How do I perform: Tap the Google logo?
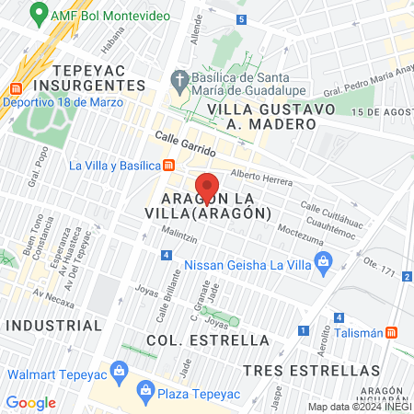coord(30,402)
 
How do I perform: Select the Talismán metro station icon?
coord(392,332)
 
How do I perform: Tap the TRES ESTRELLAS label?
coord(312,370)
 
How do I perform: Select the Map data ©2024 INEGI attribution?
coord(359,407)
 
